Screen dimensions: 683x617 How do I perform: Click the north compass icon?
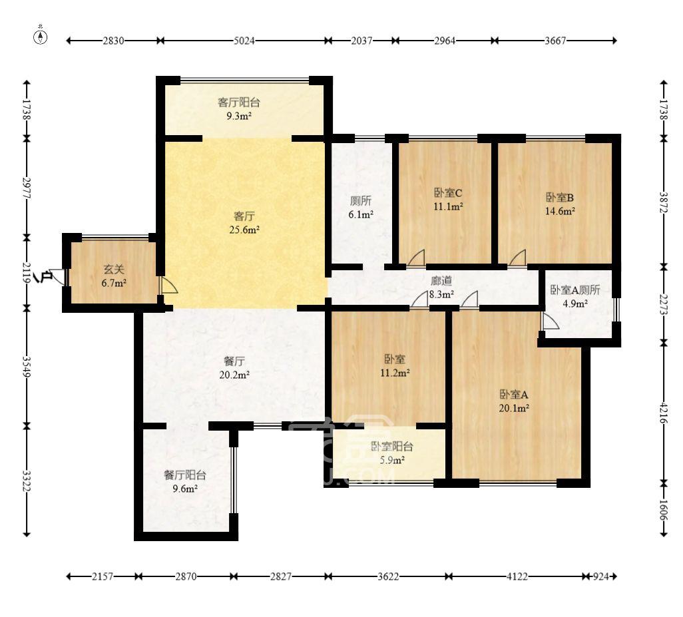41,36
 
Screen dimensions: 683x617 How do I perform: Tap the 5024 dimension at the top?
244,41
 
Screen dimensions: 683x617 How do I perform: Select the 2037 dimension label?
361,41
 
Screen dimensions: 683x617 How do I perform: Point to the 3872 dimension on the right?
664,202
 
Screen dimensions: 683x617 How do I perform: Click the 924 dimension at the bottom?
600,576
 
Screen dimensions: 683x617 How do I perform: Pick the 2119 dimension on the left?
27,273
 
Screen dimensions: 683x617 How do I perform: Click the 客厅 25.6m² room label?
244,222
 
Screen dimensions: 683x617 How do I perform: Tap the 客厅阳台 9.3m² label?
239,109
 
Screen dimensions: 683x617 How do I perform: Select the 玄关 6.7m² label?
114,276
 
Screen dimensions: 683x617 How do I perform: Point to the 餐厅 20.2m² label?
234,368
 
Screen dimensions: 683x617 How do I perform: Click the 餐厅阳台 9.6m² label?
185,482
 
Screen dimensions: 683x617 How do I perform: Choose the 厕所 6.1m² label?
361,207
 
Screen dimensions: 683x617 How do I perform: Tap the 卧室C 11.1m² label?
448,200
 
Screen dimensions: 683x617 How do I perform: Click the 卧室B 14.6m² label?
560,204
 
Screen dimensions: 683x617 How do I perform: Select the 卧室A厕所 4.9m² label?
575,297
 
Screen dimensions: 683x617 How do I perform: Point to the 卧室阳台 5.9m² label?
392,453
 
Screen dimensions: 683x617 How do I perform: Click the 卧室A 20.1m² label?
514,401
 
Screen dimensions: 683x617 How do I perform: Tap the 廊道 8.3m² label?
441,288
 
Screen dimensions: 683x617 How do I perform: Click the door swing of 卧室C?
417,258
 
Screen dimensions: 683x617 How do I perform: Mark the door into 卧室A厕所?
550,321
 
